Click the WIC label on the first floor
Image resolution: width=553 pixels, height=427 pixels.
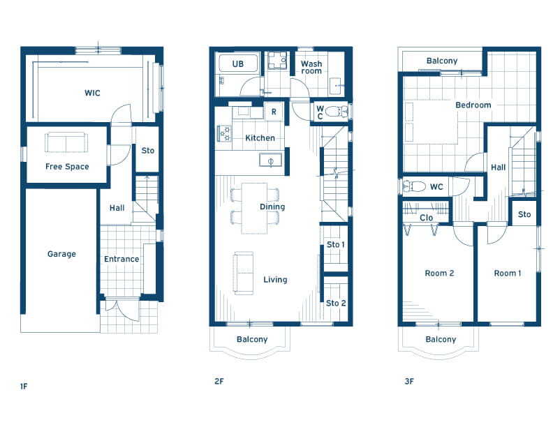tap(92, 93)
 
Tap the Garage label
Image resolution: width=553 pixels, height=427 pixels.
tap(61, 254)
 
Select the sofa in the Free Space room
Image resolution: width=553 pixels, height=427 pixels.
tap(66, 142)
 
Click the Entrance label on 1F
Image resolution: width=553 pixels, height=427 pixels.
tap(121, 259)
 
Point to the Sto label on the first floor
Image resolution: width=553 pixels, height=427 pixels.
tap(148, 151)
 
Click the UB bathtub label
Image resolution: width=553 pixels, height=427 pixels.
tap(237, 63)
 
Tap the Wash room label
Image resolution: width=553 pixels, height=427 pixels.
tap(311, 67)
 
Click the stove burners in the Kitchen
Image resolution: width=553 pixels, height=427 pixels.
tap(224, 133)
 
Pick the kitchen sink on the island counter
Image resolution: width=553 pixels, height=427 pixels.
tap(270, 160)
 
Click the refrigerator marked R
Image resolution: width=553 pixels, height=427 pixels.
tap(274, 112)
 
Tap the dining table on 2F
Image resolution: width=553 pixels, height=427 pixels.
tap(254, 208)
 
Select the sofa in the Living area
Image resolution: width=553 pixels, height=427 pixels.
tap(244, 273)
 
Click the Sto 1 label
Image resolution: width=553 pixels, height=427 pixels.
tap(335, 244)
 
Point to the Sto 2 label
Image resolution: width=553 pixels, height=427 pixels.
tap(336, 303)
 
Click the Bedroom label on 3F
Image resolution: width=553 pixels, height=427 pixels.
tap(473, 105)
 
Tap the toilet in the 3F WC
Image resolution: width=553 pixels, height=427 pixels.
tap(415, 186)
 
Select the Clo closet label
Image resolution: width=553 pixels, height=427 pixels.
tap(426, 218)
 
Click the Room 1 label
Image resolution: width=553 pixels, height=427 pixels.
tap(507, 273)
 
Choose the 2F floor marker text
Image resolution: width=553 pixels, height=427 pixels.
tap(219, 381)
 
